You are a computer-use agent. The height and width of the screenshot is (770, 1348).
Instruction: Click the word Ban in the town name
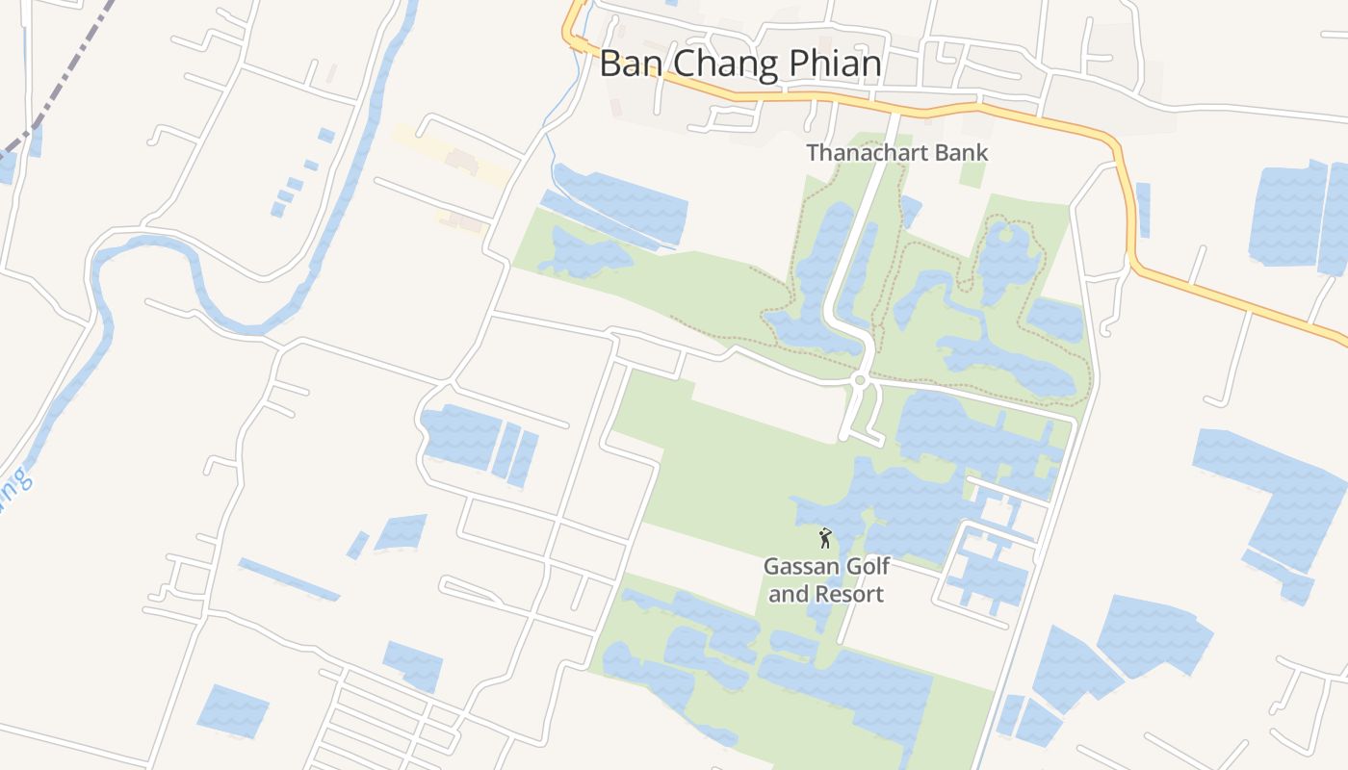click(x=632, y=64)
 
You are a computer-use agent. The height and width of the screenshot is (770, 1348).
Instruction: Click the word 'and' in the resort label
click(x=789, y=594)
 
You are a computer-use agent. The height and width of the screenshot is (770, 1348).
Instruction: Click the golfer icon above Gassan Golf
click(x=825, y=538)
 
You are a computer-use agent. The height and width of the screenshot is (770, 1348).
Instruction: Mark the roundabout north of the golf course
click(x=860, y=380)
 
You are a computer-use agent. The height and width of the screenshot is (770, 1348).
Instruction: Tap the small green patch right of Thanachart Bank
click(x=972, y=172)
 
